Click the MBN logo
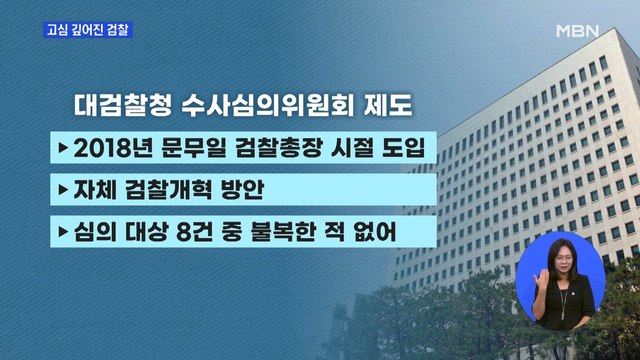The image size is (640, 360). click(577, 30)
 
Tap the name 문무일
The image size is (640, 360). click(193, 148)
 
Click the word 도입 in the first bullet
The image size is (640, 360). click(402, 148)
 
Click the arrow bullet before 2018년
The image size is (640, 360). click(63, 148)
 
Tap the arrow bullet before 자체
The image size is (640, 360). click(63, 190)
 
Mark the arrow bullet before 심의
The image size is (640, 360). click(63, 233)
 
